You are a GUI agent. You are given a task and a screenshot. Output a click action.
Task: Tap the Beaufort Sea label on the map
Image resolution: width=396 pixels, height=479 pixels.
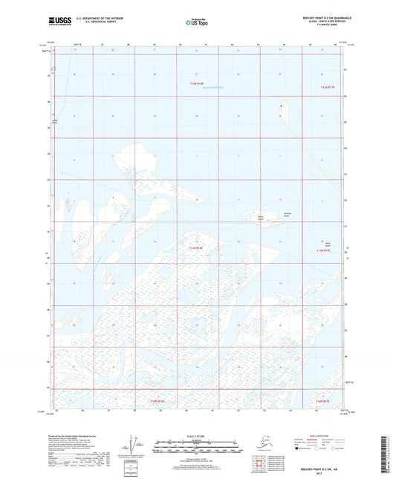(x=198, y=90)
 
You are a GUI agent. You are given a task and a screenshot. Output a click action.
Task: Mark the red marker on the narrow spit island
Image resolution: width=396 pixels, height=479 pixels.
(x=281, y=106)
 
